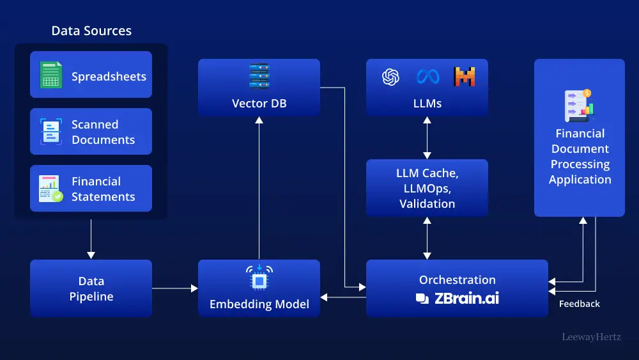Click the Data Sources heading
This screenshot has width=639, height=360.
tap(91, 31)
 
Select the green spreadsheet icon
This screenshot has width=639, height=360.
tap(50, 75)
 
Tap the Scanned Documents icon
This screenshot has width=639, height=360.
tap(50, 131)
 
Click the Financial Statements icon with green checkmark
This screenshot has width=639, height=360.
tap(50, 189)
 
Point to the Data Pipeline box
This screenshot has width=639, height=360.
tap(91, 288)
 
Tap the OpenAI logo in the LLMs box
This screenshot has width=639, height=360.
tap(390, 77)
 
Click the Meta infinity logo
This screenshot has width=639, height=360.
tap(427, 77)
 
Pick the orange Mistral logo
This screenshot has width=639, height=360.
tap(465, 77)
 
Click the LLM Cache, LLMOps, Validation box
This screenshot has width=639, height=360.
tap(427, 188)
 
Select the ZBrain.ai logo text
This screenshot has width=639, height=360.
tap(457, 297)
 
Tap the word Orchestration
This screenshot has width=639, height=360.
tap(457, 280)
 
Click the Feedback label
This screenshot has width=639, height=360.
tap(579, 304)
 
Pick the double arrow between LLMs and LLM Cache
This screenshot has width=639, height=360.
tap(427, 137)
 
